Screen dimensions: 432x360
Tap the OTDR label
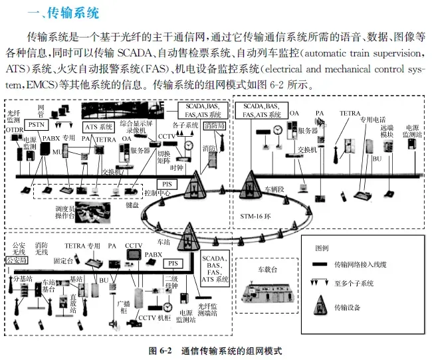click(x=14, y=130)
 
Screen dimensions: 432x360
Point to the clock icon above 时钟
click(x=189, y=145)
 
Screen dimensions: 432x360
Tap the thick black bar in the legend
click(x=322, y=264)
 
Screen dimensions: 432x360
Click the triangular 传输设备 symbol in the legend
click(x=322, y=306)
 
